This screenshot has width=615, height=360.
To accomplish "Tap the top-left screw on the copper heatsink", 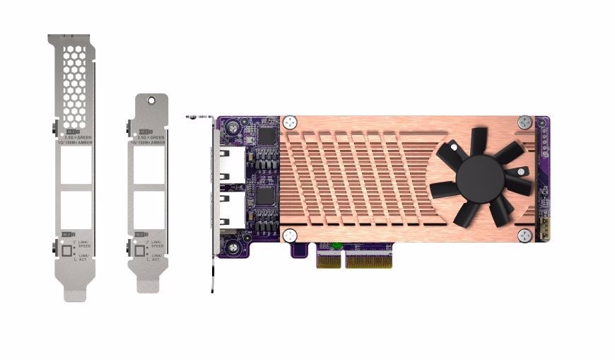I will point(289,122).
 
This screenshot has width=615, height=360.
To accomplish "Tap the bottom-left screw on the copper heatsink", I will point(289,236).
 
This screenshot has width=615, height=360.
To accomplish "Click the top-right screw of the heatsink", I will point(524,122).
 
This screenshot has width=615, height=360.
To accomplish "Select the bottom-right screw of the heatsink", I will point(524,236).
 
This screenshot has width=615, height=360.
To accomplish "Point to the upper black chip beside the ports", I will point(266,136).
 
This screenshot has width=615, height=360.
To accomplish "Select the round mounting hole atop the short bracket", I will point(150,101).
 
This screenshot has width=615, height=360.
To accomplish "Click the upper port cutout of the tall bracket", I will point(76,167).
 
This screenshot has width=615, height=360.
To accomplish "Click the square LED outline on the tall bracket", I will point(67,250).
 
